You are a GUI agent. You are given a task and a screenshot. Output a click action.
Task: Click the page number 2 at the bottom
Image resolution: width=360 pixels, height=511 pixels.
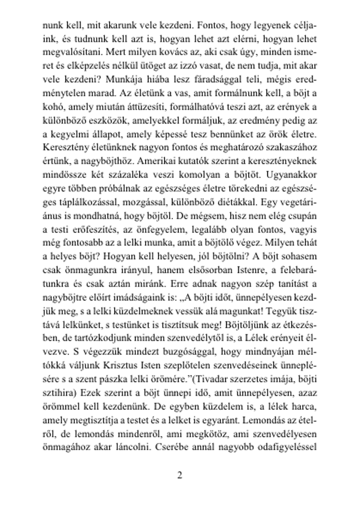(180, 475)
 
